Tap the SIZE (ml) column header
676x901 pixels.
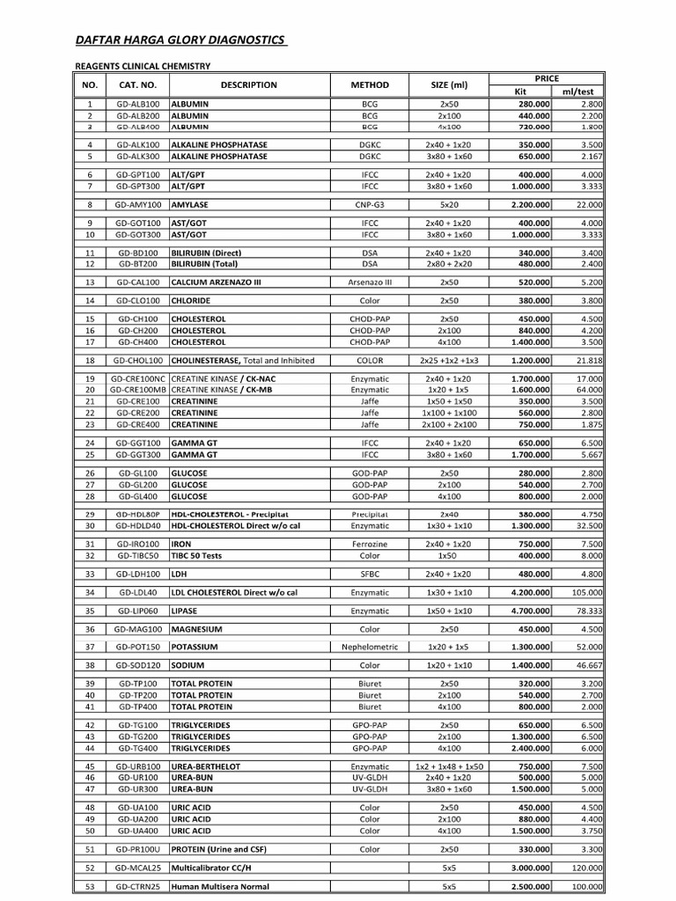[449, 85]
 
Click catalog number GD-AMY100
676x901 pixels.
[137, 205]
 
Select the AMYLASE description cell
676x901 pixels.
[190, 205]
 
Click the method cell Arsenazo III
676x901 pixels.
[370, 282]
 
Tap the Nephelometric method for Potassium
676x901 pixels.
[370, 647]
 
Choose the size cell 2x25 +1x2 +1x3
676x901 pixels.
[449, 361]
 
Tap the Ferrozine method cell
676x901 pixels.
[370, 545]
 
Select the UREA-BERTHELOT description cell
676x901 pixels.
[207, 766]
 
